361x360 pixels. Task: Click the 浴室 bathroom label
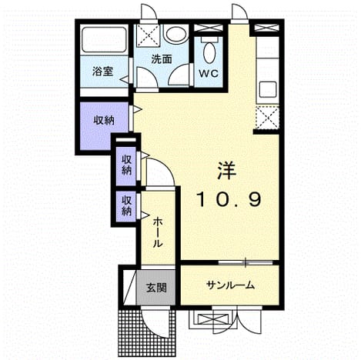102,71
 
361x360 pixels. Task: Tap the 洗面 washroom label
161,59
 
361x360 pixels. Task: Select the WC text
209,74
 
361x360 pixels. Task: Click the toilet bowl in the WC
209,52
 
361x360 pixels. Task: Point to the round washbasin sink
176,34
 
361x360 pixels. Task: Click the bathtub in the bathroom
104,40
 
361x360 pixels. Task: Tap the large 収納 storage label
103,120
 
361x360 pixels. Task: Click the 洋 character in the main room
226,171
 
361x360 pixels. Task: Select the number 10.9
229,199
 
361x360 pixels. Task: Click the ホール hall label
158,232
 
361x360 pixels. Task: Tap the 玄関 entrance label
156,288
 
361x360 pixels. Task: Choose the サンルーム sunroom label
231,285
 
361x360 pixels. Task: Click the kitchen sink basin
268,90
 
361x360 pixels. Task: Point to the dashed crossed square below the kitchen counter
268,118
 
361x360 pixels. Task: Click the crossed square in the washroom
147,36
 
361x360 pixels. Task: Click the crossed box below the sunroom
213,319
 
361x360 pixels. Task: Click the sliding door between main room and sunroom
246,262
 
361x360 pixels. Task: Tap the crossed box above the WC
208,28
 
